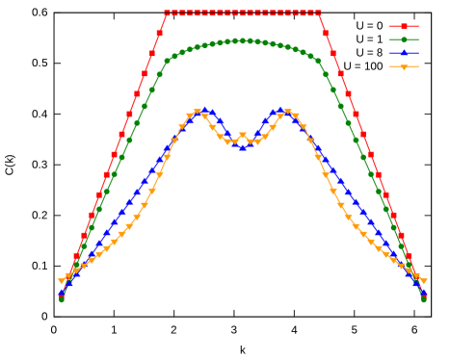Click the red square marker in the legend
[404, 27]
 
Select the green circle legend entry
[404, 40]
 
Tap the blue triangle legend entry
[404, 54]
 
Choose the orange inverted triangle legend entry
[404, 67]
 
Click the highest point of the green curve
[242, 40]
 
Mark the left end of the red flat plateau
[167, 13]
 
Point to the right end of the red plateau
[318, 13]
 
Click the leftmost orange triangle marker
[62, 280]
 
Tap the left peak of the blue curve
[204, 110]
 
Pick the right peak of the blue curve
[280, 110]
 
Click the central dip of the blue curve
[242, 147]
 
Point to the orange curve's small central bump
[242, 136]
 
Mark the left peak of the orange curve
[197, 113]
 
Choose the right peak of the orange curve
[287, 113]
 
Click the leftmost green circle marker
[62, 299]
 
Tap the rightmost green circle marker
[423, 299]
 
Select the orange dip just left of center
[227, 141]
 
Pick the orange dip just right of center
[257, 141]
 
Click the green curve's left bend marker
[167, 61]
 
